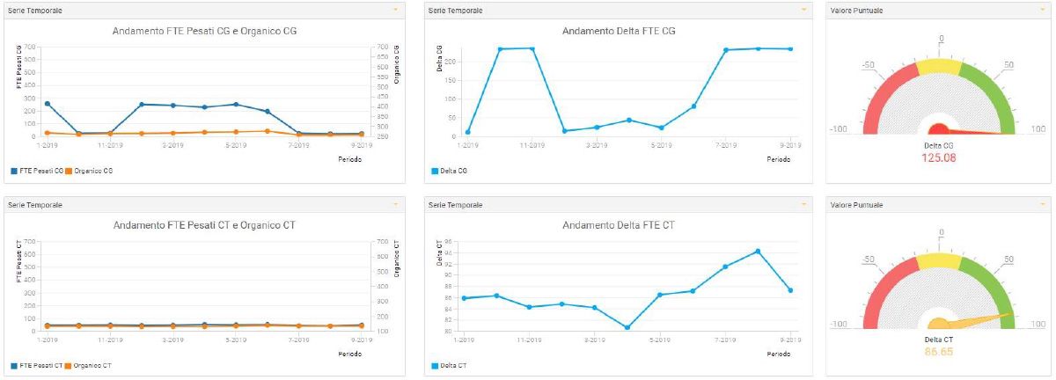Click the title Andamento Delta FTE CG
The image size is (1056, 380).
coord(619,31)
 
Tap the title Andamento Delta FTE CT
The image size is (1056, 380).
coord(619,225)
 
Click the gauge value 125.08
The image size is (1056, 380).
coord(939,158)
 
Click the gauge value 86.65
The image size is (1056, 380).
coord(939,352)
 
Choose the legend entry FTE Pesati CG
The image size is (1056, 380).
coord(38,171)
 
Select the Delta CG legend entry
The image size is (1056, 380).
coord(450,171)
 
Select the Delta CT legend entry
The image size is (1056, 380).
coord(450,365)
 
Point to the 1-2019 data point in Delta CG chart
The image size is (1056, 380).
coord(467,132)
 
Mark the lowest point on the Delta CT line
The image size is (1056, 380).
coord(627,328)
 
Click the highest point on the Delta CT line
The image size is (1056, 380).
coord(758,251)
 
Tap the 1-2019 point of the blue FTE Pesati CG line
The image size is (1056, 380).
coord(47,104)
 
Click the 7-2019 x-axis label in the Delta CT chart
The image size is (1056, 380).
coord(725,339)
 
